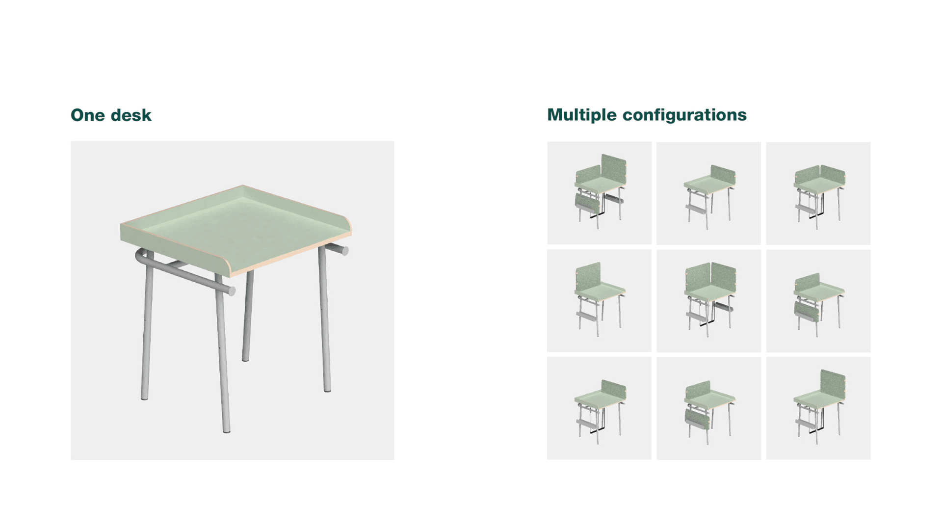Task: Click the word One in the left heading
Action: point(88,115)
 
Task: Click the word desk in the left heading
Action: point(131,115)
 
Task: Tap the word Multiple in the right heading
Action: point(582,115)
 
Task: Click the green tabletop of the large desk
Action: point(235,228)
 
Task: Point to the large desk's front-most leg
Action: point(222,353)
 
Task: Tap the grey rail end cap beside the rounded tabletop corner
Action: point(344,251)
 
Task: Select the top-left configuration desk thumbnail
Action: point(599,193)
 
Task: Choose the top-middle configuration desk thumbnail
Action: point(708,193)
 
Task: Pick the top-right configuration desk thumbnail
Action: point(818,193)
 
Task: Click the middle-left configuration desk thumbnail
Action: point(599,300)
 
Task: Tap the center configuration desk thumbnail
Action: point(708,300)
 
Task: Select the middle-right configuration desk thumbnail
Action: point(818,300)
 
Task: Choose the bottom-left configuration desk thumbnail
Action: point(599,408)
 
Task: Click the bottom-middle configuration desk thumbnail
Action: point(708,408)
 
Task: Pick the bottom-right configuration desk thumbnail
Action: point(818,408)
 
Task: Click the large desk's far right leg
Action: point(324,319)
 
